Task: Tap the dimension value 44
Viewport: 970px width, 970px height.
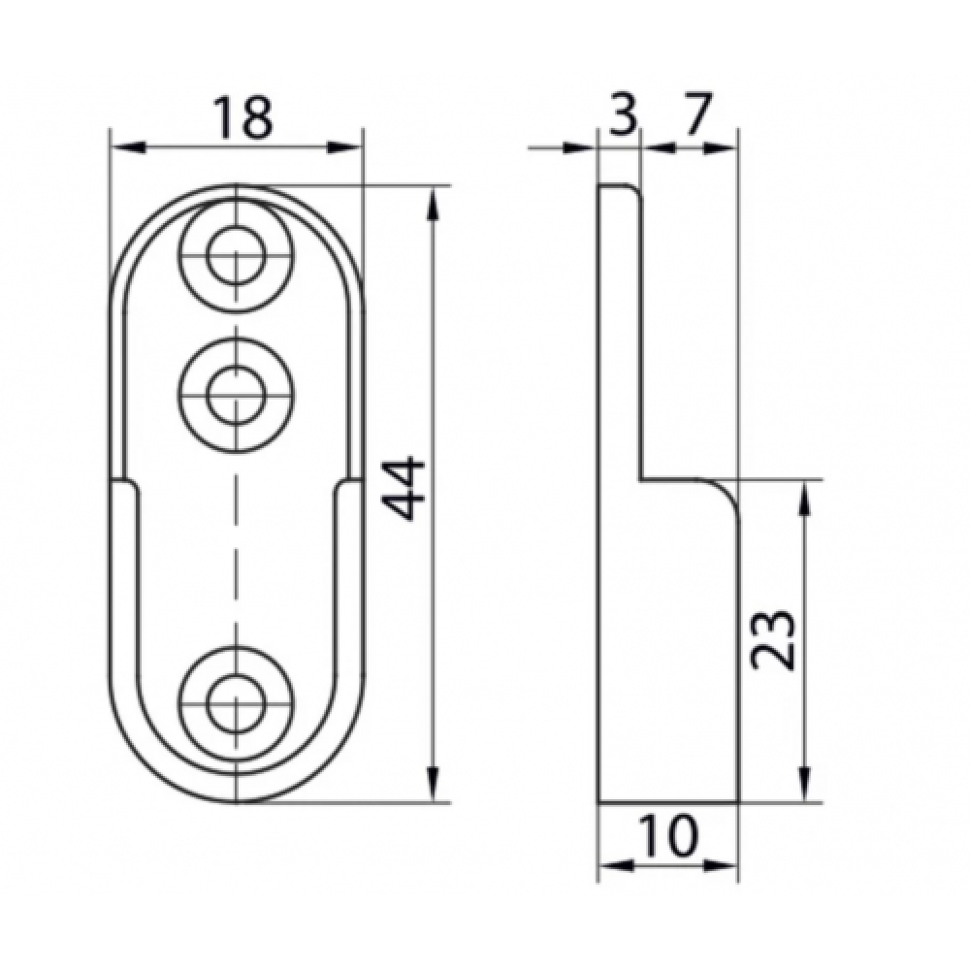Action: tap(403, 489)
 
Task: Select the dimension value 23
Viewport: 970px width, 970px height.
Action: tap(771, 640)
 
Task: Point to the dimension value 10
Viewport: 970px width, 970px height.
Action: tap(668, 835)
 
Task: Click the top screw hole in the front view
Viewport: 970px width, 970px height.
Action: tap(236, 256)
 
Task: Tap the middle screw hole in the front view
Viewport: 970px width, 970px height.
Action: tap(236, 395)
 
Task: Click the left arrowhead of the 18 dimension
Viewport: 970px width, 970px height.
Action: tap(127, 147)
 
